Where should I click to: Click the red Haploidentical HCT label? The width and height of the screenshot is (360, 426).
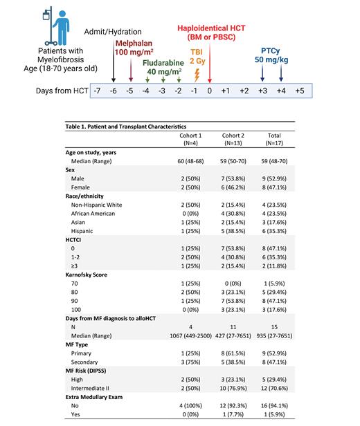click(x=211, y=32)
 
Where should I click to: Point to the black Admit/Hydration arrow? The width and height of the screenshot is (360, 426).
click(x=113, y=62)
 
